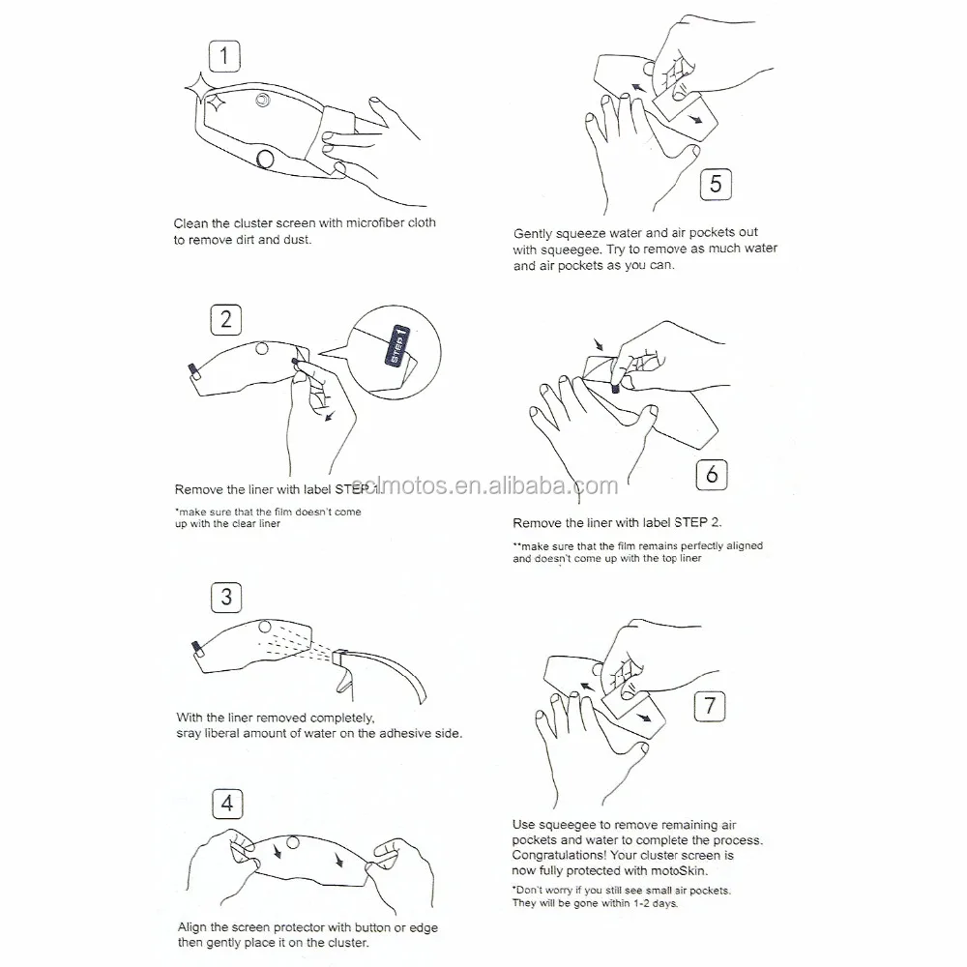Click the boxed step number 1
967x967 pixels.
point(224,56)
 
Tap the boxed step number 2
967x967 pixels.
point(225,319)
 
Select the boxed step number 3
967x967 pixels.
point(226,597)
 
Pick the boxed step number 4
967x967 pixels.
point(227,804)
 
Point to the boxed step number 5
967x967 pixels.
point(716,184)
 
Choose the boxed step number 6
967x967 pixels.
point(712,475)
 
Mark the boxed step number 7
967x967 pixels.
point(710,706)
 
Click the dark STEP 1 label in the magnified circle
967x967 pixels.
point(397,345)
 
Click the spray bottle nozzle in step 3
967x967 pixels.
point(340,658)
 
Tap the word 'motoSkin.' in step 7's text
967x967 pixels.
point(679,871)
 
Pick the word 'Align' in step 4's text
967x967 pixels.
point(191,928)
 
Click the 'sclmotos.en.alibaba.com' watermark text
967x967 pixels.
point(484,486)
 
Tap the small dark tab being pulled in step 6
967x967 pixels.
point(615,389)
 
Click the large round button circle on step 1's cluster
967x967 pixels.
point(265,160)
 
